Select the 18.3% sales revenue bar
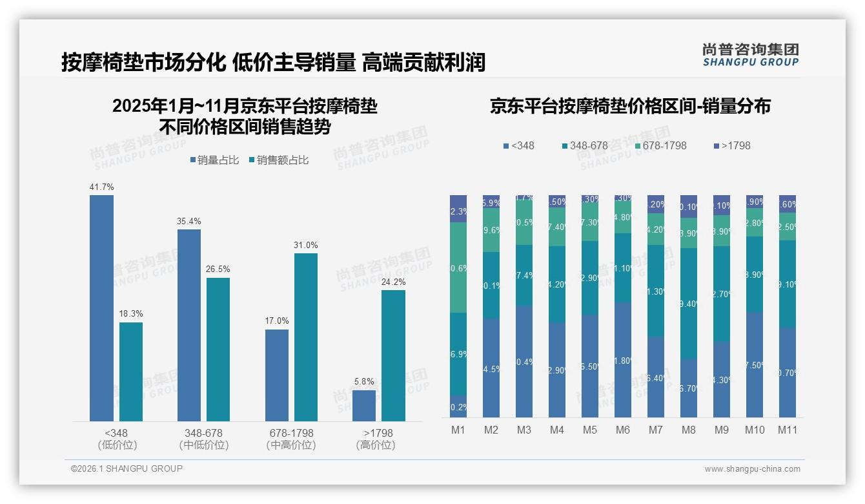(131, 372)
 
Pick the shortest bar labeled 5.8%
(364, 406)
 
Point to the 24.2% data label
(393, 282)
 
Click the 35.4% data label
(188, 221)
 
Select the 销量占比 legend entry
(217, 160)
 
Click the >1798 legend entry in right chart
(733, 145)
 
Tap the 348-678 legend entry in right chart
(584, 145)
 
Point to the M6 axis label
(623, 430)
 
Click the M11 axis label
(787, 430)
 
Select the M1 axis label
(458, 430)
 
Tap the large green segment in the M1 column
(458, 268)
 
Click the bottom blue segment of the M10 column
(754, 365)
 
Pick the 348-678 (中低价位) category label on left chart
(203, 439)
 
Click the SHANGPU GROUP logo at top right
(750, 55)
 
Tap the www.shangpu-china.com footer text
(752, 469)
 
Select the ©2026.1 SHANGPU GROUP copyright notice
(127, 468)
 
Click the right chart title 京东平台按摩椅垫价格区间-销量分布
(629, 107)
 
